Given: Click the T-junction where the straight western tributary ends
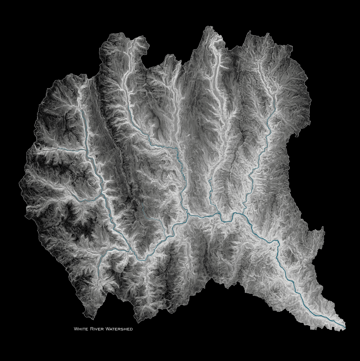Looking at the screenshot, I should point(86,150).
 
